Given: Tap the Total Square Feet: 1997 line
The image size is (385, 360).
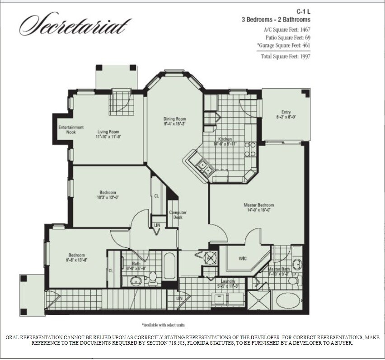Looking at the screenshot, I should click(x=285, y=57).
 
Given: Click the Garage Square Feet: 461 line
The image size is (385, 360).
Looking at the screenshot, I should click(x=284, y=45).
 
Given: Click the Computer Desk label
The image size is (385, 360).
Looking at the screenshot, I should click(x=178, y=215).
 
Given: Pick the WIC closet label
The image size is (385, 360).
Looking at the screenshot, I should click(x=242, y=259).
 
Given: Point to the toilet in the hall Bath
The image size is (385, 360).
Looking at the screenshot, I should click(x=152, y=276).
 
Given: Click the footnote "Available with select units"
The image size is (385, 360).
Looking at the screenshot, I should click(x=163, y=325).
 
